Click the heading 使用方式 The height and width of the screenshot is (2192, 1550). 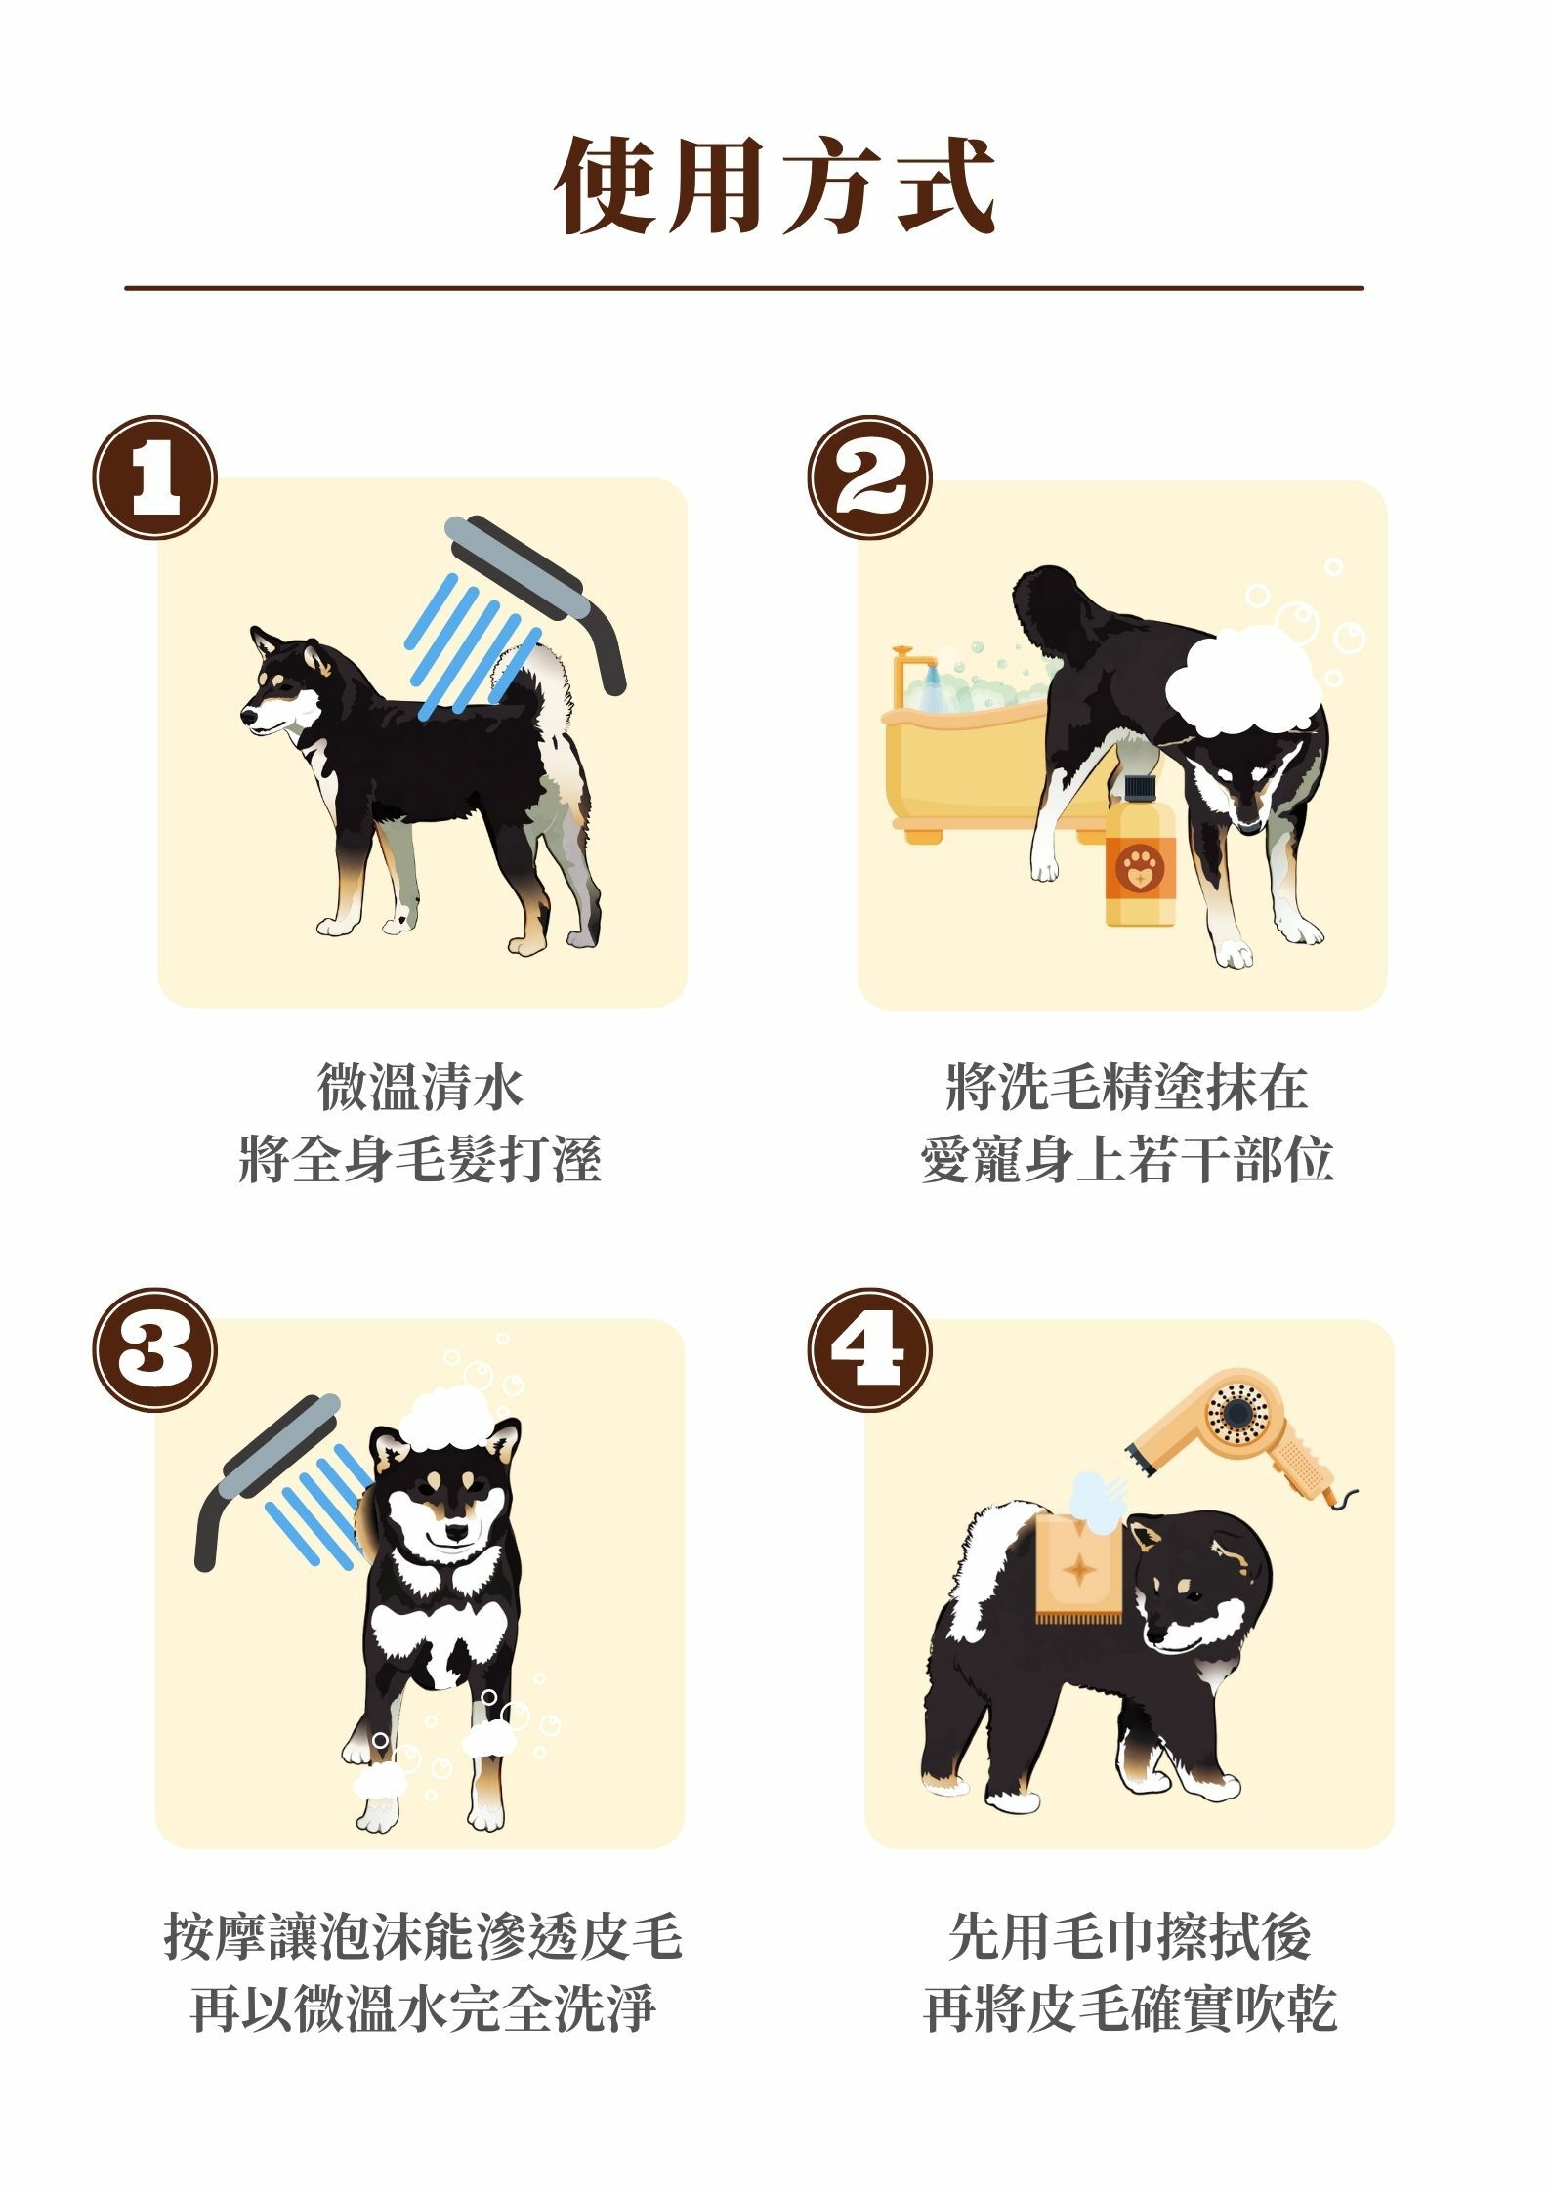[x=775, y=186]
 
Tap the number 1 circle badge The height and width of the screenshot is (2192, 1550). [x=154, y=477]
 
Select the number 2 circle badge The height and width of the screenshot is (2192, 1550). [x=869, y=477]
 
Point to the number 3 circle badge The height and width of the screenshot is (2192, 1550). [x=154, y=1349]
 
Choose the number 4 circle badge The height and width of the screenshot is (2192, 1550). [x=869, y=1349]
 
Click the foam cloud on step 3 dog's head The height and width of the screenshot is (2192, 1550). [x=450, y=1418]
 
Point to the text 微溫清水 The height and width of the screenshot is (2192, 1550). [x=421, y=1088]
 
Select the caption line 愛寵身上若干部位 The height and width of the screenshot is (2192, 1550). [x=1127, y=1160]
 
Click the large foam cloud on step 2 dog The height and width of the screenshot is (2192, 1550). [x=1242, y=681]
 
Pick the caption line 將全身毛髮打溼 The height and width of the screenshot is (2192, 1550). [x=420, y=1160]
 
